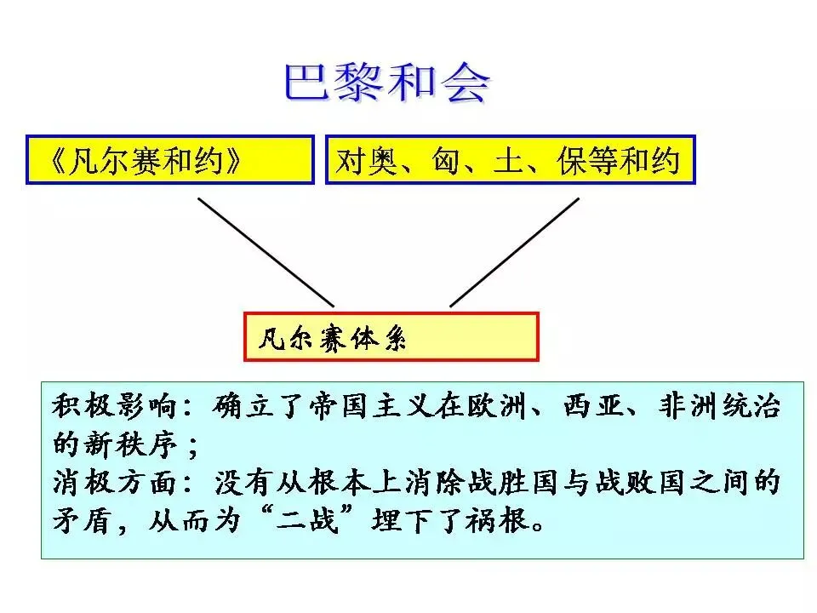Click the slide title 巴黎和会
point(386,83)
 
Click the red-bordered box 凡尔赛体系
point(391,337)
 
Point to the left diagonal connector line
point(266,251)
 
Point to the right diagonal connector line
point(515,251)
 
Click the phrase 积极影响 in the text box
point(115,406)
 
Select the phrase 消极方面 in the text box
point(115,484)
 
